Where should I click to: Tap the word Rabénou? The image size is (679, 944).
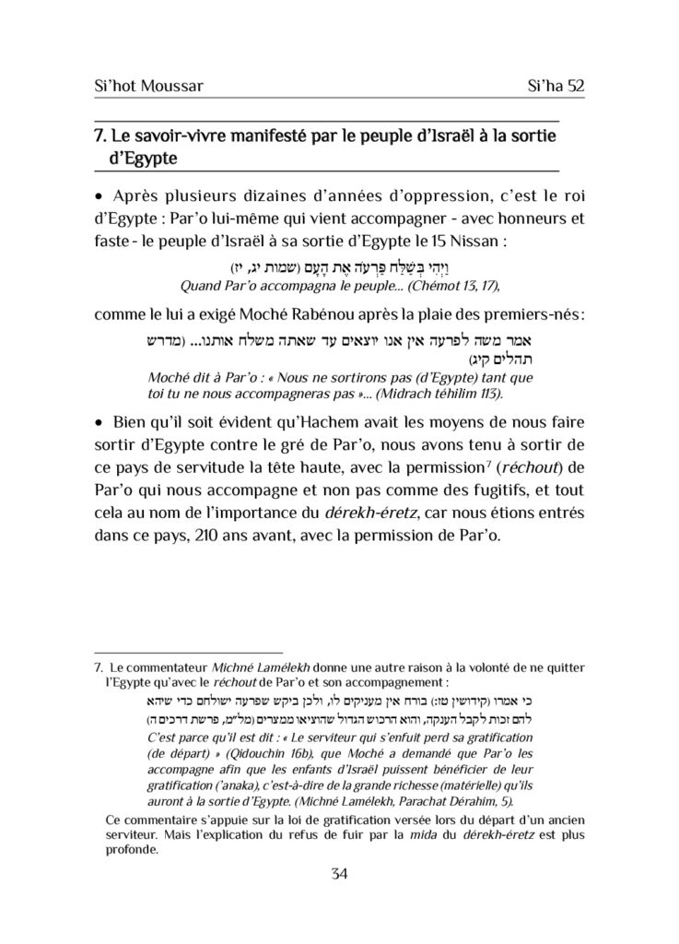[x=331, y=313]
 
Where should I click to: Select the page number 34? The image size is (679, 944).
[x=339, y=875]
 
